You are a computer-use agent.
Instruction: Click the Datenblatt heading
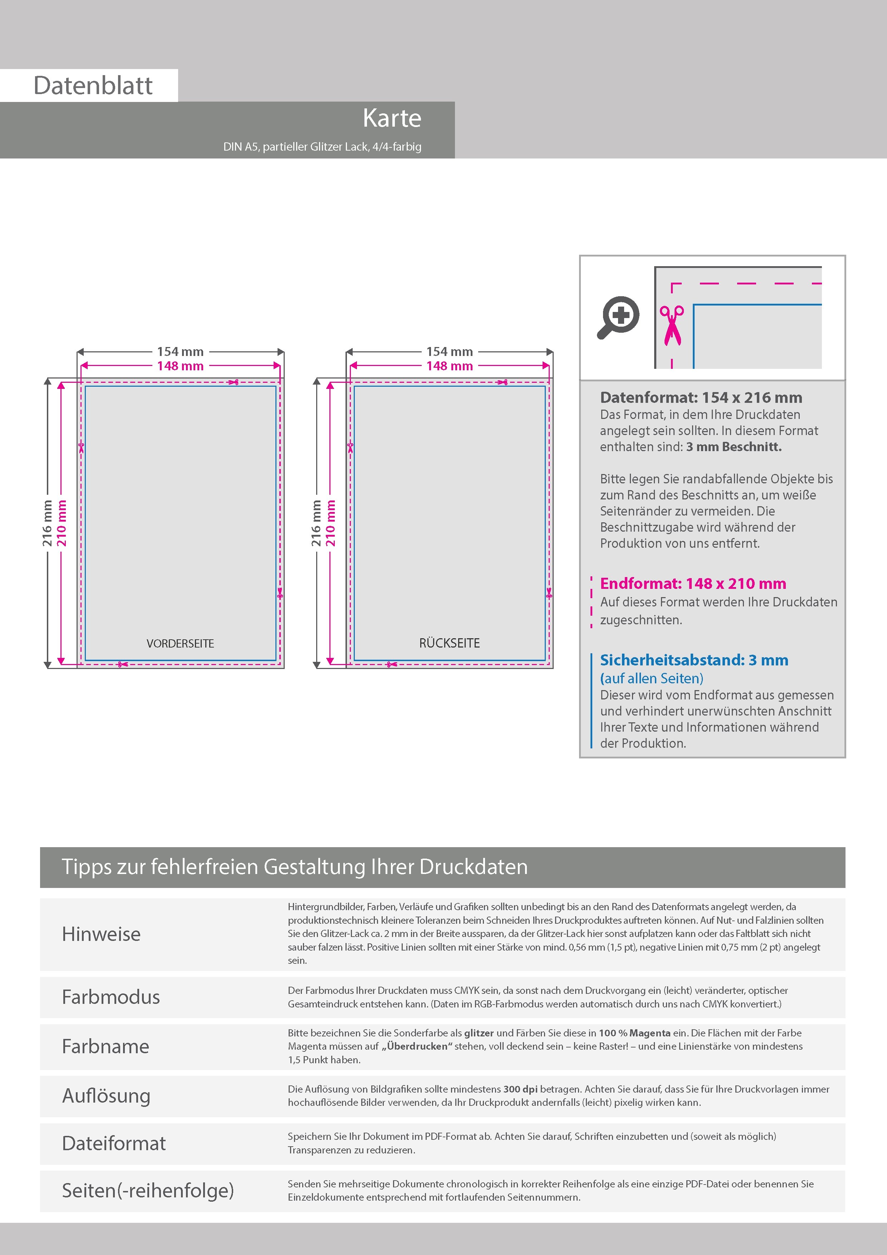coord(93,86)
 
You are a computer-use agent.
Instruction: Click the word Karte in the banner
coord(392,118)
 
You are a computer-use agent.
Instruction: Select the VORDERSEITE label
coord(180,643)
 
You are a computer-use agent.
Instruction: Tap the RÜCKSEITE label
coord(449,643)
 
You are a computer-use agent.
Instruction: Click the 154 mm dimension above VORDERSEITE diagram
coord(180,351)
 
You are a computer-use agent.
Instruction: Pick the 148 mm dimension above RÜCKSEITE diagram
coord(449,366)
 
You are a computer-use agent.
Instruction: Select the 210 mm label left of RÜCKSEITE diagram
coord(330,523)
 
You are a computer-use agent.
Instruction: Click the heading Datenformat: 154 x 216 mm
coord(701,397)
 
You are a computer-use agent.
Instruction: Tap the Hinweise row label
coord(101,934)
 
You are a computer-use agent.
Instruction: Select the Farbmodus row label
coord(111,997)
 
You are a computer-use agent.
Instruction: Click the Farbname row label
coord(106,1046)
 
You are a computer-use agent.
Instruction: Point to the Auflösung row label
coord(106,1095)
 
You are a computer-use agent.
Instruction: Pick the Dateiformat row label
coord(114,1143)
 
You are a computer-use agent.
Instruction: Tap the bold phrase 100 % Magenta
coord(634,1033)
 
